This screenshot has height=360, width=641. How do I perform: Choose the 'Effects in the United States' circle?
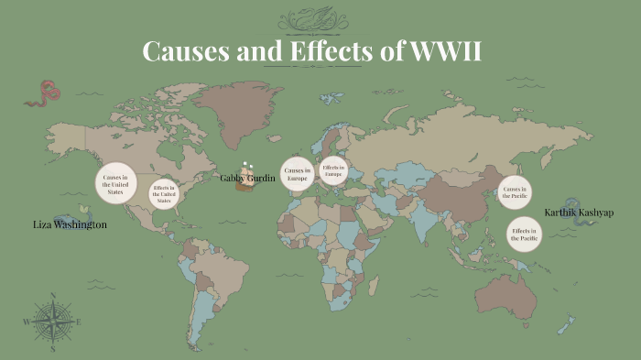coord(163,193)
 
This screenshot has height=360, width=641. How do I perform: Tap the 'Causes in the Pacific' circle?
coord(513,191)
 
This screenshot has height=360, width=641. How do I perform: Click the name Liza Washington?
coord(70,224)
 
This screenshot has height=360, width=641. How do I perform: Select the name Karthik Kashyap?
coord(579,213)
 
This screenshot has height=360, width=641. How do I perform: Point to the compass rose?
coord(53,322)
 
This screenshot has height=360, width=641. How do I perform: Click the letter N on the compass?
coord(53,296)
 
